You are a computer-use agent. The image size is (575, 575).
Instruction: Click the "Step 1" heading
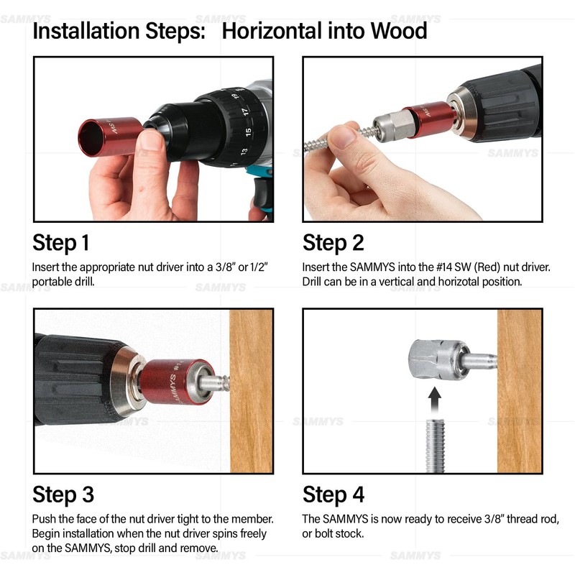click(x=61, y=243)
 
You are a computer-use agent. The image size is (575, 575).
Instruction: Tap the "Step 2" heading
click(x=333, y=243)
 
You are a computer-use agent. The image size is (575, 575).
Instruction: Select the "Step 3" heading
click(x=63, y=494)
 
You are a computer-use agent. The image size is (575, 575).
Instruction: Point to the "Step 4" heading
click(x=333, y=494)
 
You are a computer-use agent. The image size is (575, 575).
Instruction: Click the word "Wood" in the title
click(x=399, y=31)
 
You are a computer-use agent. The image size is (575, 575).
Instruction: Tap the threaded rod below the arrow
click(x=436, y=446)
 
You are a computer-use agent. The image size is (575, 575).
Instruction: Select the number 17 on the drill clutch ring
click(x=245, y=112)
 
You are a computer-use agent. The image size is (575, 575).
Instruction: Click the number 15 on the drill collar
click(x=248, y=132)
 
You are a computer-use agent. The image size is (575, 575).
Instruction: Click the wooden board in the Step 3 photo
click(x=251, y=391)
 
